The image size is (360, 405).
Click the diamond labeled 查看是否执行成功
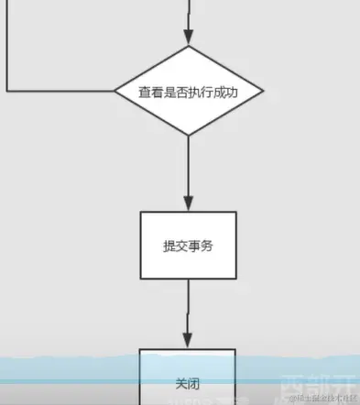[x=189, y=92]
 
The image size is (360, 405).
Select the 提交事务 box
[x=188, y=245]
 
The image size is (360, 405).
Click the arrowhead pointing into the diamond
[x=189, y=38]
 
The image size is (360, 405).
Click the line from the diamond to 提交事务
[x=189, y=165]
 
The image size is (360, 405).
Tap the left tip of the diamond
[x=115, y=92]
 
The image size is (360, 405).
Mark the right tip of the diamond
[x=265, y=92]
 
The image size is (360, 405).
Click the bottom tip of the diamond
[x=189, y=136]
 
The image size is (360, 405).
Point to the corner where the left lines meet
[x=7, y=92]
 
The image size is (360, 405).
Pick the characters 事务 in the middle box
[x=202, y=246]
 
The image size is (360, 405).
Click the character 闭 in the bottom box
[x=195, y=382]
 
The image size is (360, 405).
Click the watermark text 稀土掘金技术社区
[x=320, y=397]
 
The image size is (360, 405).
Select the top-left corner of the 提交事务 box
[x=140, y=213]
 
